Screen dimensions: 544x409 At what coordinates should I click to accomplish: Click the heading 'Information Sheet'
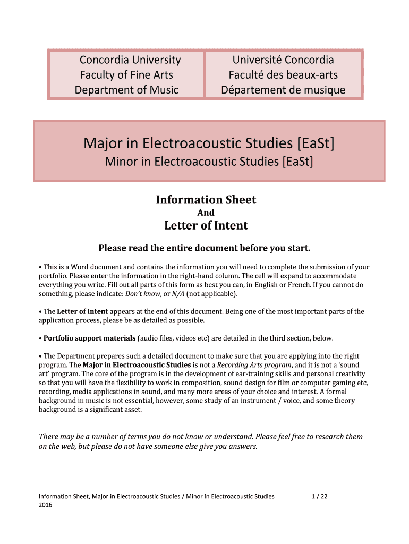206,200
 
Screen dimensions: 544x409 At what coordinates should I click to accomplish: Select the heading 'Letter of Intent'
206,225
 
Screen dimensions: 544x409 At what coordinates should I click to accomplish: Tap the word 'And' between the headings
206,212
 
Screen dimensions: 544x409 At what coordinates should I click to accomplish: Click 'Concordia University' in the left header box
130,60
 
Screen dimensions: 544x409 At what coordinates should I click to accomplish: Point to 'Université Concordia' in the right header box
283,60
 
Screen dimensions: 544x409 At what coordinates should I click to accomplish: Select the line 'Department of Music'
126,90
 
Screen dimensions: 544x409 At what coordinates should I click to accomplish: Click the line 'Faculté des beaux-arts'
283,75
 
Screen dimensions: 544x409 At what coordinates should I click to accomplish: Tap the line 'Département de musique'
283,90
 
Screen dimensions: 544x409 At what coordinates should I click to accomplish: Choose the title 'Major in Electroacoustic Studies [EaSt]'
209,143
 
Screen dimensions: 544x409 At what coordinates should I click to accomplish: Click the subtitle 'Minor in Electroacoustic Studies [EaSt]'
209,160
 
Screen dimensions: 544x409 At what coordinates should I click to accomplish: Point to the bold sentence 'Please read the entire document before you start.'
204,248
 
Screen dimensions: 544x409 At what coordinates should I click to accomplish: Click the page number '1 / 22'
320,496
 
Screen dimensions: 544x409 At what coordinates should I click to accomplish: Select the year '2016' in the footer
46,505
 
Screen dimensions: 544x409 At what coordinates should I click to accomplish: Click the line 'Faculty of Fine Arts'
126,75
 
